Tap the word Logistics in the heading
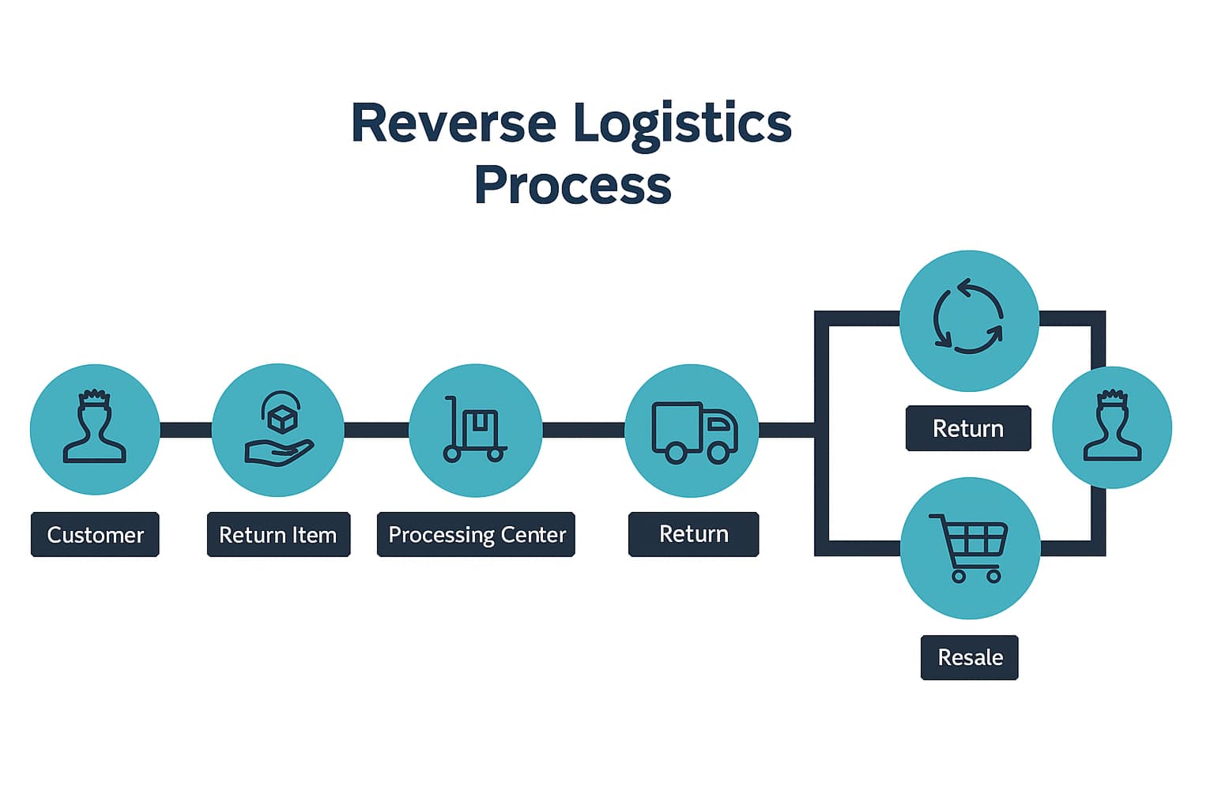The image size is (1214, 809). [x=681, y=123]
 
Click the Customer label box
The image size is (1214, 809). [x=95, y=535]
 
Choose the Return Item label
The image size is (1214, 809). [x=278, y=535]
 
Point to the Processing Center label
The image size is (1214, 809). [x=476, y=535]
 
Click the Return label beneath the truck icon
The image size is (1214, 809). [x=693, y=534]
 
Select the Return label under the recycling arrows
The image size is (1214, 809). [x=968, y=428]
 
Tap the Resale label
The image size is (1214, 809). [x=970, y=657]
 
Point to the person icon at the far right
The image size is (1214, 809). [x=1112, y=427]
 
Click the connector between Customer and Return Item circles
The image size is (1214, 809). [x=186, y=430]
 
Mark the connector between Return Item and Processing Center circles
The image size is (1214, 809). [x=376, y=430]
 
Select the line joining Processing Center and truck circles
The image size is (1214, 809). [x=583, y=430]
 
